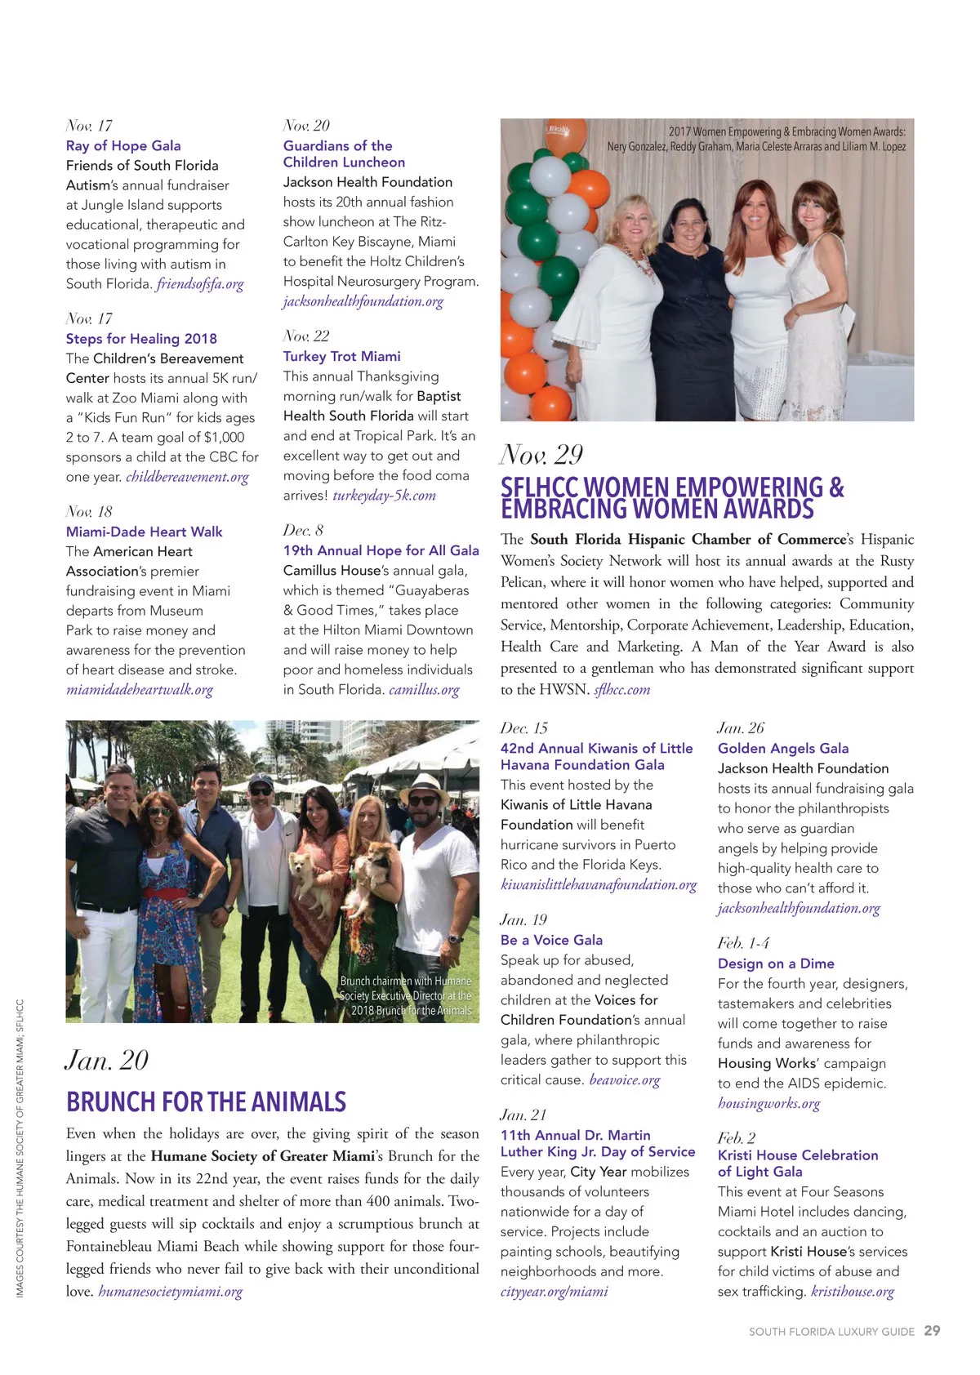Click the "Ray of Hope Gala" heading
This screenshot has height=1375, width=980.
click(123, 145)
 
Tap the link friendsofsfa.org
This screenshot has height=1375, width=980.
click(200, 284)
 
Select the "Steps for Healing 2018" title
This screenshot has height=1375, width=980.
click(141, 338)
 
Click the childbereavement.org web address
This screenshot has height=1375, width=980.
click(187, 477)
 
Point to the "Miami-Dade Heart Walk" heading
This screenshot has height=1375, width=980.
click(144, 532)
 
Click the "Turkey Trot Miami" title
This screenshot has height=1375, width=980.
click(341, 356)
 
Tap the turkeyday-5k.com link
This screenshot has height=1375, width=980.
click(384, 496)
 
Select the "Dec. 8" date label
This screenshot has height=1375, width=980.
click(303, 530)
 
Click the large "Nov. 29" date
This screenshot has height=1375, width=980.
click(541, 455)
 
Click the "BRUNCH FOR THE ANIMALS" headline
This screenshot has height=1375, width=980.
click(206, 1102)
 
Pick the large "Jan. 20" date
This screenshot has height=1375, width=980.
click(107, 1060)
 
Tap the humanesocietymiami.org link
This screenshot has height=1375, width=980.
click(170, 1292)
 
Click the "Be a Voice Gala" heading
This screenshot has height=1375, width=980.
click(551, 940)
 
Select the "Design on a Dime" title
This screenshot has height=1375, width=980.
click(776, 963)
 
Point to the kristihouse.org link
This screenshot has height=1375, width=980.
click(853, 1292)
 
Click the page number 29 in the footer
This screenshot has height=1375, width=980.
click(932, 1330)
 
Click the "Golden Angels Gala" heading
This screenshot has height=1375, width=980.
click(783, 748)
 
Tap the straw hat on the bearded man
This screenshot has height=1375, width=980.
click(425, 786)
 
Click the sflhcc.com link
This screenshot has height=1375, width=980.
click(622, 689)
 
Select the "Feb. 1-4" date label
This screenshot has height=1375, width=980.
click(743, 943)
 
